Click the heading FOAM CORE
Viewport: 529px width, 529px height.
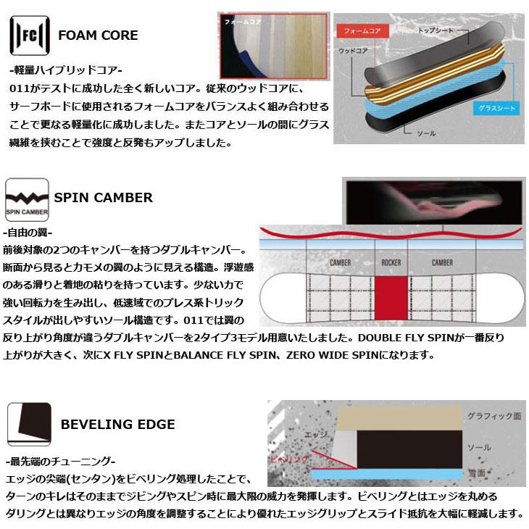click(x=98, y=35)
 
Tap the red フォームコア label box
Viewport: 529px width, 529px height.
click(x=362, y=30)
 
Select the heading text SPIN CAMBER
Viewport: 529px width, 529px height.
click(x=104, y=197)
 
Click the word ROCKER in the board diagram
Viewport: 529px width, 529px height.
click(x=391, y=263)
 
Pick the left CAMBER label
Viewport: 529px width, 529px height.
click(x=340, y=263)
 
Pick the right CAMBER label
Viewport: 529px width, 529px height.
click(x=442, y=263)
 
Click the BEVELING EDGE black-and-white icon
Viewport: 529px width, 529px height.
click(x=27, y=424)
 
